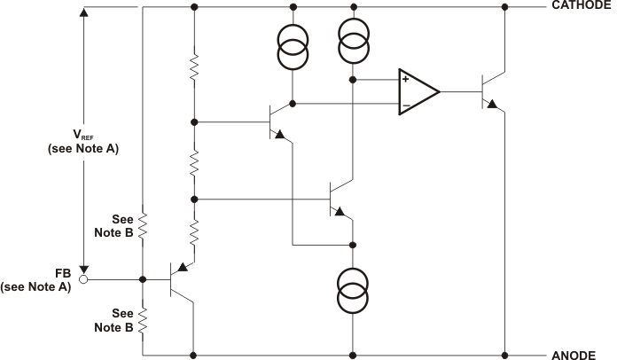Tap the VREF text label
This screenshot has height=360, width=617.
(83, 135)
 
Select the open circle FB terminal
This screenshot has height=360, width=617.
(84, 278)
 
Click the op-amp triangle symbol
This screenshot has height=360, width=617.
(418, 91)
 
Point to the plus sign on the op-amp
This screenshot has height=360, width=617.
(405, 79)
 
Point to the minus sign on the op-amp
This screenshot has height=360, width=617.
(405, 105)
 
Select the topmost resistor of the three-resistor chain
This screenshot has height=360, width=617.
(194, 67)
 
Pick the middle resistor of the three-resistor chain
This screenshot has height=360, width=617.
(194, 161)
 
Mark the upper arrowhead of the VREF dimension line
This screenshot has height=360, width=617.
(84, 14)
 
